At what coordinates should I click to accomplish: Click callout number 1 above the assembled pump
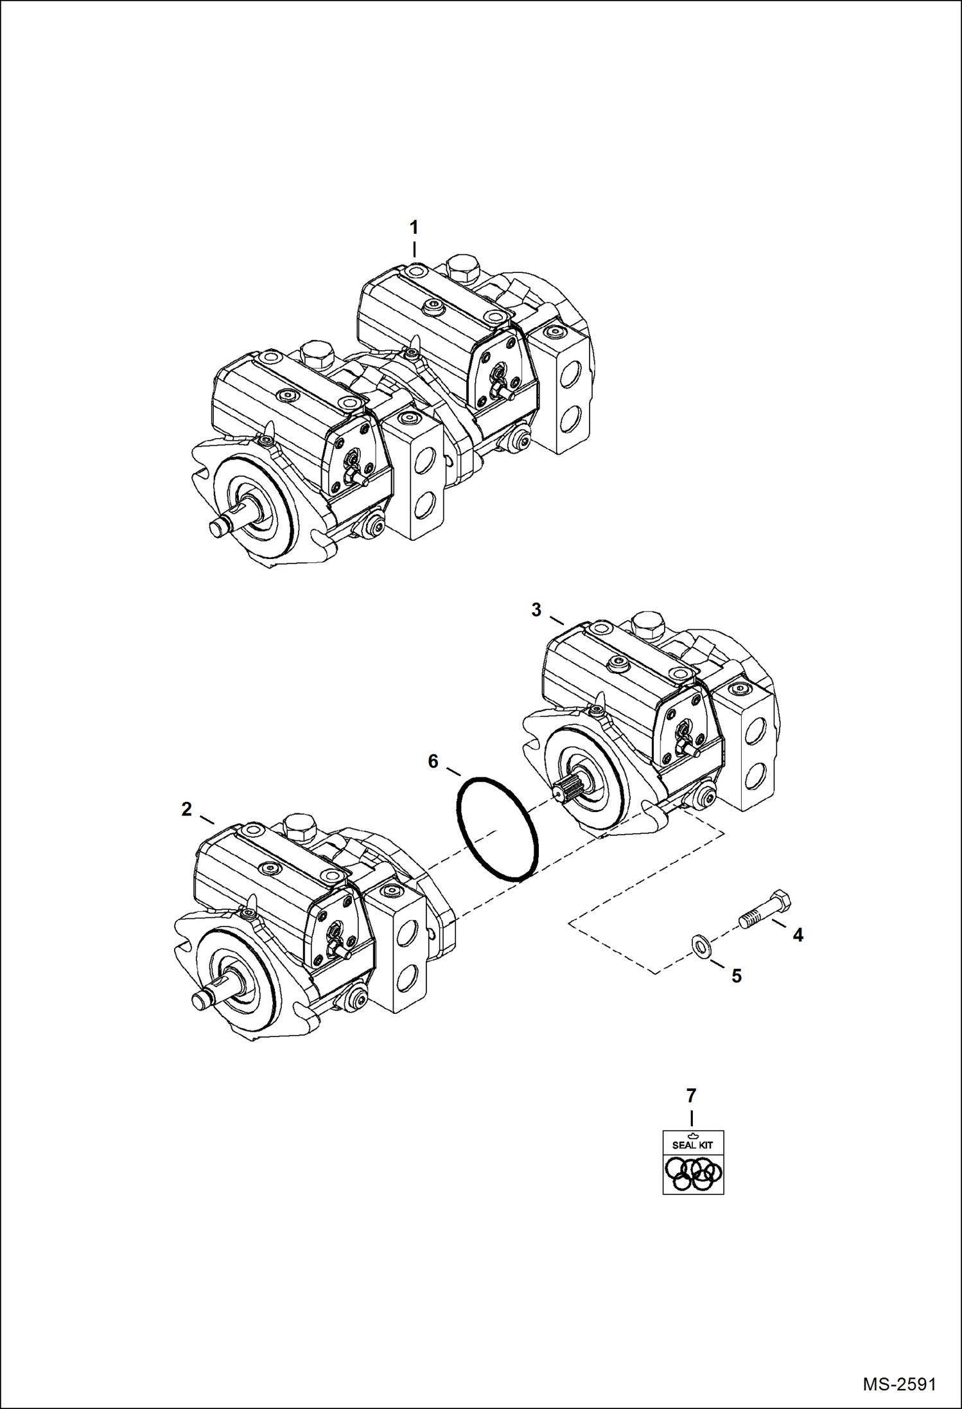tap(414, 227)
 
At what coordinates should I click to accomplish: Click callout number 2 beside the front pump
tap(187, 809)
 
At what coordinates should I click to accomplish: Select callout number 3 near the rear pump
tap(537, 610)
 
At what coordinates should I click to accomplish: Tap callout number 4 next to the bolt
tap(798, 935)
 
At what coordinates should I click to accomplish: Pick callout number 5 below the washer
tap(737, 976)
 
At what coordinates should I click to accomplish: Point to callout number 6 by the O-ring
tap(433, 761)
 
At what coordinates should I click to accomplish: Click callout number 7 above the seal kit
tap(692, 1095)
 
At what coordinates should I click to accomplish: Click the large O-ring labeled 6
tap(497, 829)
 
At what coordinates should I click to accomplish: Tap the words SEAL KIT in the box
tap(692, 1145)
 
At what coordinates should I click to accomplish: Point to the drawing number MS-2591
tap(899, 1382)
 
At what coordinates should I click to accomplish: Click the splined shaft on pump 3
tap(568, 790)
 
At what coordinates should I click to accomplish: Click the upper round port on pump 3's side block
tap(756, 729)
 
